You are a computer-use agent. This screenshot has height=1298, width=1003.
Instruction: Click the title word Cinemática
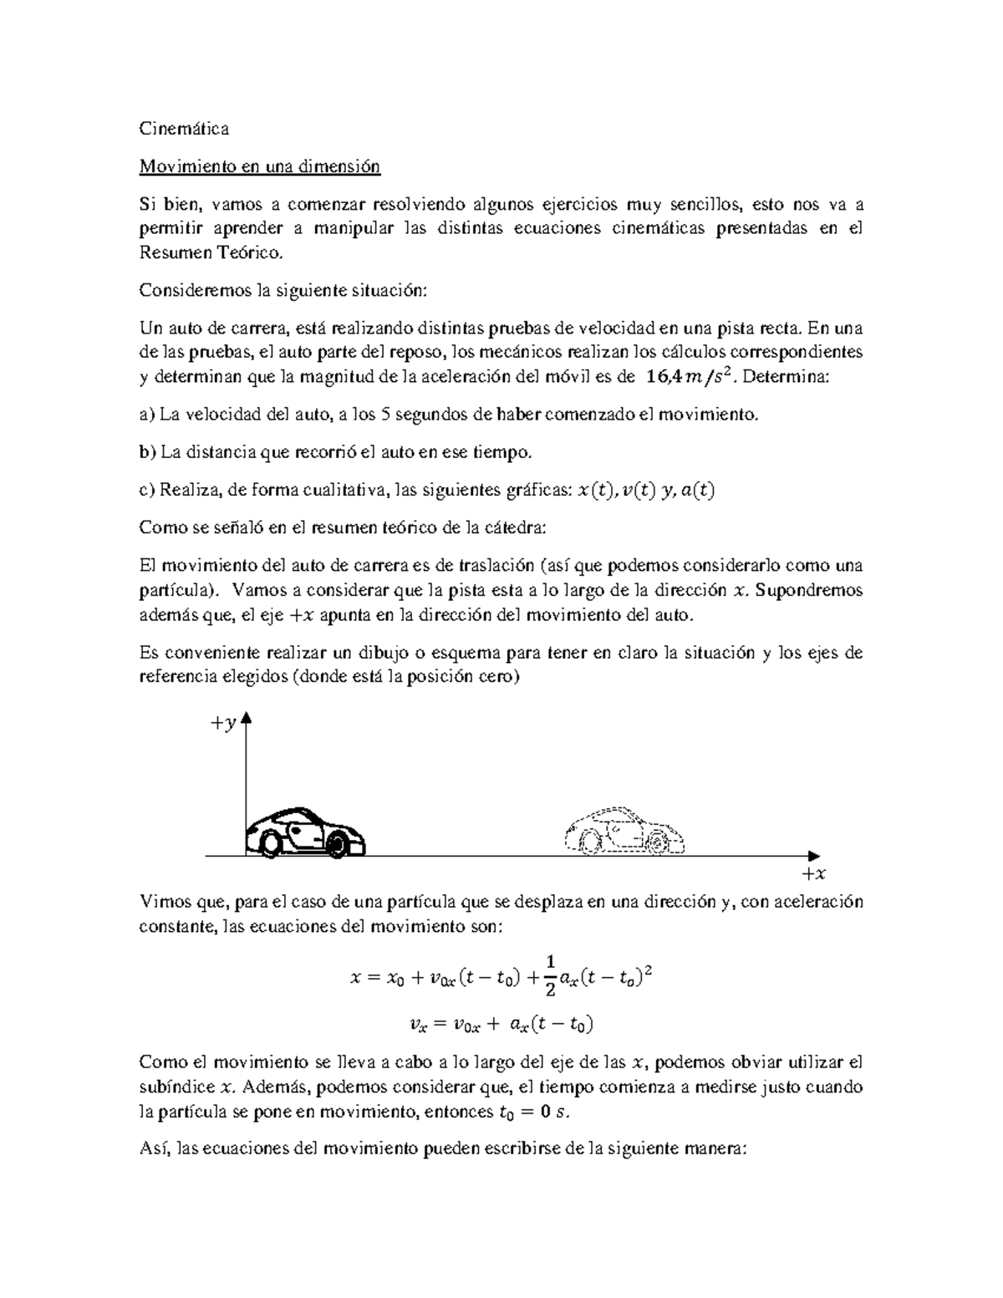click(x=184, y=129)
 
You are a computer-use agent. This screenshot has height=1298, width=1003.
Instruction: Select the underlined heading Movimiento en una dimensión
click(x=259, y=166)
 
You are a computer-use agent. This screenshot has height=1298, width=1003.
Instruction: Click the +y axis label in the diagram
click(x=223, y=724)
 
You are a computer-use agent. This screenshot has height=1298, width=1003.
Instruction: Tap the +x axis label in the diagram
click(x=812, y=874)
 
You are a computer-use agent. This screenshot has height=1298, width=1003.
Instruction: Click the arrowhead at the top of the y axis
click(x=246, y=720)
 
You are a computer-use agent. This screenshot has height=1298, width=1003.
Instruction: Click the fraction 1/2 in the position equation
click(x=549, y=975)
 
